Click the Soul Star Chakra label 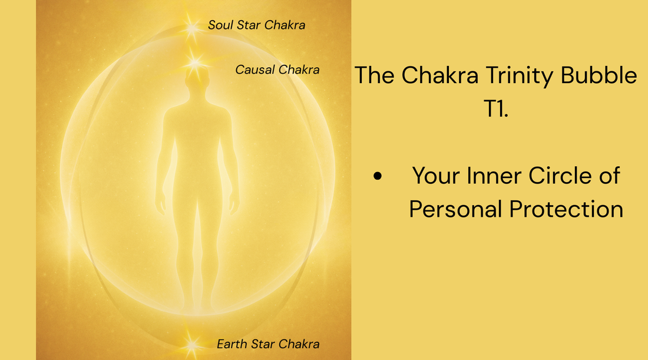pyautogui.click(x=256, y=25)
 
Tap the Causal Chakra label pyautogui.click(x=277, y=70)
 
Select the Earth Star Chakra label pyautogui.click(x=268, y=344)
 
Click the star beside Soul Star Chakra pyautogui.click(x=191, y=26)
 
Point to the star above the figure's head pyautogui.click(x=194, y=62)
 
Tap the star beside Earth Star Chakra pyautogui.click(x=191, y=343)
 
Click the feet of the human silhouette pyautogui.click(x=197, y=306)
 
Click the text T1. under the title pyautogui.click(x=496, y=110)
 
